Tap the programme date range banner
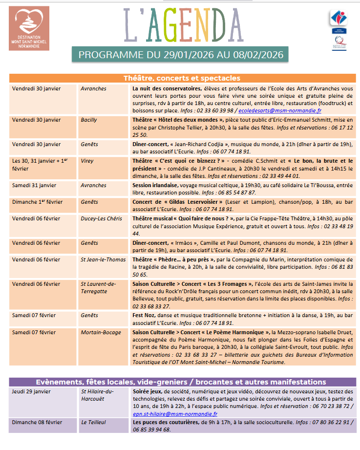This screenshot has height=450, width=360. pyautogui.click(x=181, y=55)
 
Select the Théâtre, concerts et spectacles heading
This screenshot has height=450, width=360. pyautogui.click(x=181, y=78)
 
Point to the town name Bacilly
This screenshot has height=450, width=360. pyautogui.click(x=89, y=120)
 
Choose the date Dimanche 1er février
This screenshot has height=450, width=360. pyautogui.click(x=37, y=202)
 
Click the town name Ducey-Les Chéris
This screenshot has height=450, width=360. pyautogui.click(x=101, y=218)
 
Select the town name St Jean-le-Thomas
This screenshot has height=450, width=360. pyautogui.click(x=103, y=259)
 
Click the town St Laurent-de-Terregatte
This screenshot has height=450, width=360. pyautogui.click(x=98, y=288)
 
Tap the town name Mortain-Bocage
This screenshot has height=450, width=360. pyautogui.click(x=101, y=332)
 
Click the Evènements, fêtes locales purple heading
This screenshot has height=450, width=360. pyautogui.click(x=181, y=382)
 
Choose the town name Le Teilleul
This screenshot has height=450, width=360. pyautogui.click(x=93, y=422)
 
